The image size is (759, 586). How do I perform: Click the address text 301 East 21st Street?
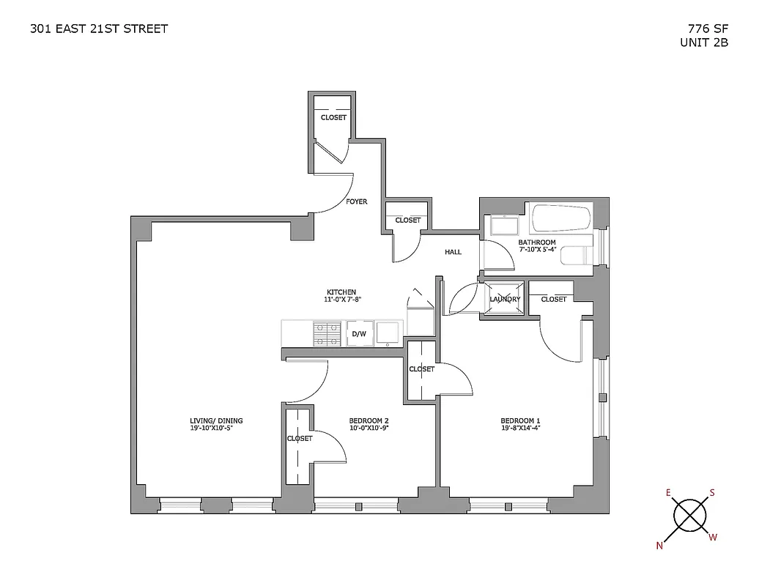(x=99, y=29)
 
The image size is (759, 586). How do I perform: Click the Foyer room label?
(x=357, y=202)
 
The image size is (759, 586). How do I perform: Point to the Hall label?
(x=453, y=252)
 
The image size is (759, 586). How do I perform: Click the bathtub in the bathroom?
(x=561, y=218)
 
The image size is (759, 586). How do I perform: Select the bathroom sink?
(x=503, y=226)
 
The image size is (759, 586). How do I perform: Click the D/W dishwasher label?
(x=359, y=334)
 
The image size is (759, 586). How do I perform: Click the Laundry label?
(x=505, y=299)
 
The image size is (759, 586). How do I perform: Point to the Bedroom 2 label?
(x=368, y=420)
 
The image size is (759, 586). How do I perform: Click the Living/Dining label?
(x=211, y=420)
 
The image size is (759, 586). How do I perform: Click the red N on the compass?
(x=659, y=545)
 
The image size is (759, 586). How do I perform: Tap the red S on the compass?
(x=711, y=493)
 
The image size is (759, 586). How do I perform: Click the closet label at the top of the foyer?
(x=333, y=118)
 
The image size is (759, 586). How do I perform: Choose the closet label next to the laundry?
(x=554, y=299)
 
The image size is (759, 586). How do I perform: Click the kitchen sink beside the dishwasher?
(x=389, y=333)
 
